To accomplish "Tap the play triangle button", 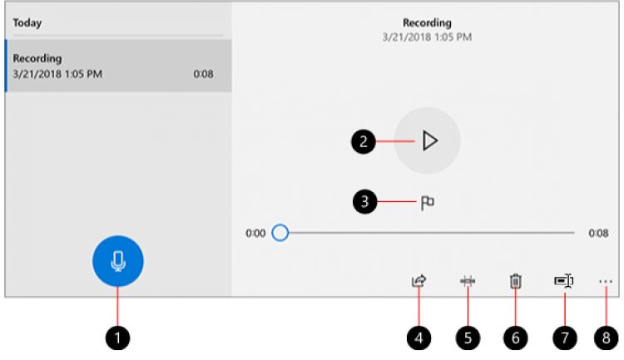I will (x=428, y=141).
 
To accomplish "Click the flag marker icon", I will (x=428, y=200).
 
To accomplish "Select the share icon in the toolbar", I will (x=418, y=282).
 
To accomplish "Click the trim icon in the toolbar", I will (x=468, y=282).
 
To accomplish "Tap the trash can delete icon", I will (x=515, y=282).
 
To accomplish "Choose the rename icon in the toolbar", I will (x=563, y=282).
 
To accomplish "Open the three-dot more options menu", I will (x=605, y=282).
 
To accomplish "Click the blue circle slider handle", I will (x=280, y=233).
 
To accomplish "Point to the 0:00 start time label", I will (x=255, y=234).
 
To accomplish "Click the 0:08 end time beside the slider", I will (x=597, y=234).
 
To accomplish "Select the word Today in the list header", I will (x=27, y=22).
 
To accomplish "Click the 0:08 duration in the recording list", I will (x=202, y=73).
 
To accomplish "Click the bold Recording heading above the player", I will (x=427, y=22).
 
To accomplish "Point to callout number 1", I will (x=118, y=337).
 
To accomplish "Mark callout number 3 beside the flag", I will (x=363, y=200).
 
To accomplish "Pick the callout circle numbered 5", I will (x=468, y=337).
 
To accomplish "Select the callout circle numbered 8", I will (x=606, y=337).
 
